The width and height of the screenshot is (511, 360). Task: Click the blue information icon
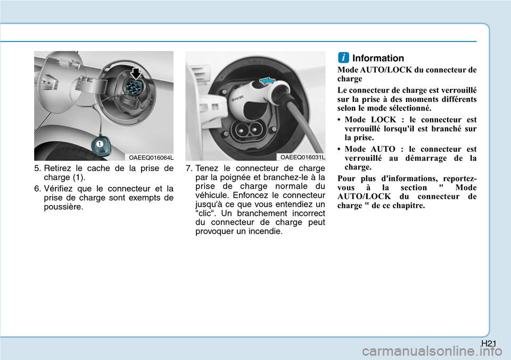tap(343, 58)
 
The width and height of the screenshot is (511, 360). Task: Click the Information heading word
tap(378, 58)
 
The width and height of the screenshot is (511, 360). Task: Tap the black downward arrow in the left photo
tap(136, 73)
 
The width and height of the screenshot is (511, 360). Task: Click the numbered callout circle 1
tap(100, 144)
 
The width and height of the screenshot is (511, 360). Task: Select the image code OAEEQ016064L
tap(151, 158)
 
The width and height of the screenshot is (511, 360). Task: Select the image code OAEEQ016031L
tap(303, 157)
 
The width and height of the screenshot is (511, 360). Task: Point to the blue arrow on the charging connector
tap(267, 80)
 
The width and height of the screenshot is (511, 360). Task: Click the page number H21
tap(489, 343)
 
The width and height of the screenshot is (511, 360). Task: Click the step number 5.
tap(37, 169)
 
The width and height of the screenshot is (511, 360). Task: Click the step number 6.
tap(37, 189)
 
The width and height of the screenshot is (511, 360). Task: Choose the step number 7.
tap(188, 169)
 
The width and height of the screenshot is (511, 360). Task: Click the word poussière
tap(63, 207)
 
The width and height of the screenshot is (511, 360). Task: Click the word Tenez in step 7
tap(207, 169)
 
